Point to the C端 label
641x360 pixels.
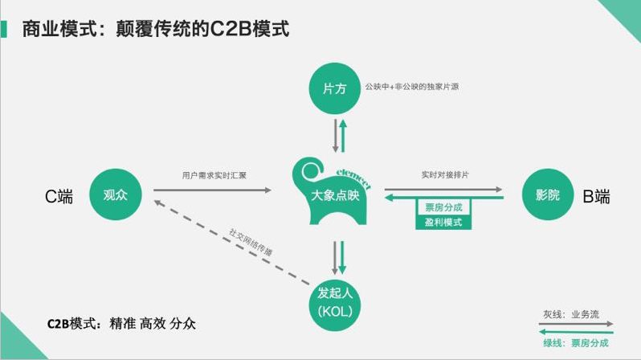(x=58, y=195)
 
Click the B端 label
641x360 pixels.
(x=596, y=195)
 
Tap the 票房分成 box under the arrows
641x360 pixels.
(x=443, y=207)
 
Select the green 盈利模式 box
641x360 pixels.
(x=443, y=222)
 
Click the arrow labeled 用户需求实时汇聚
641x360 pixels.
(x=213, y=190)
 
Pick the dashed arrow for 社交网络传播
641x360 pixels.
(x=233, y=242)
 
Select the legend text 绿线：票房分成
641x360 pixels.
(x=577, y=342)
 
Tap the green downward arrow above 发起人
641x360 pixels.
(x=341, y=258)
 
